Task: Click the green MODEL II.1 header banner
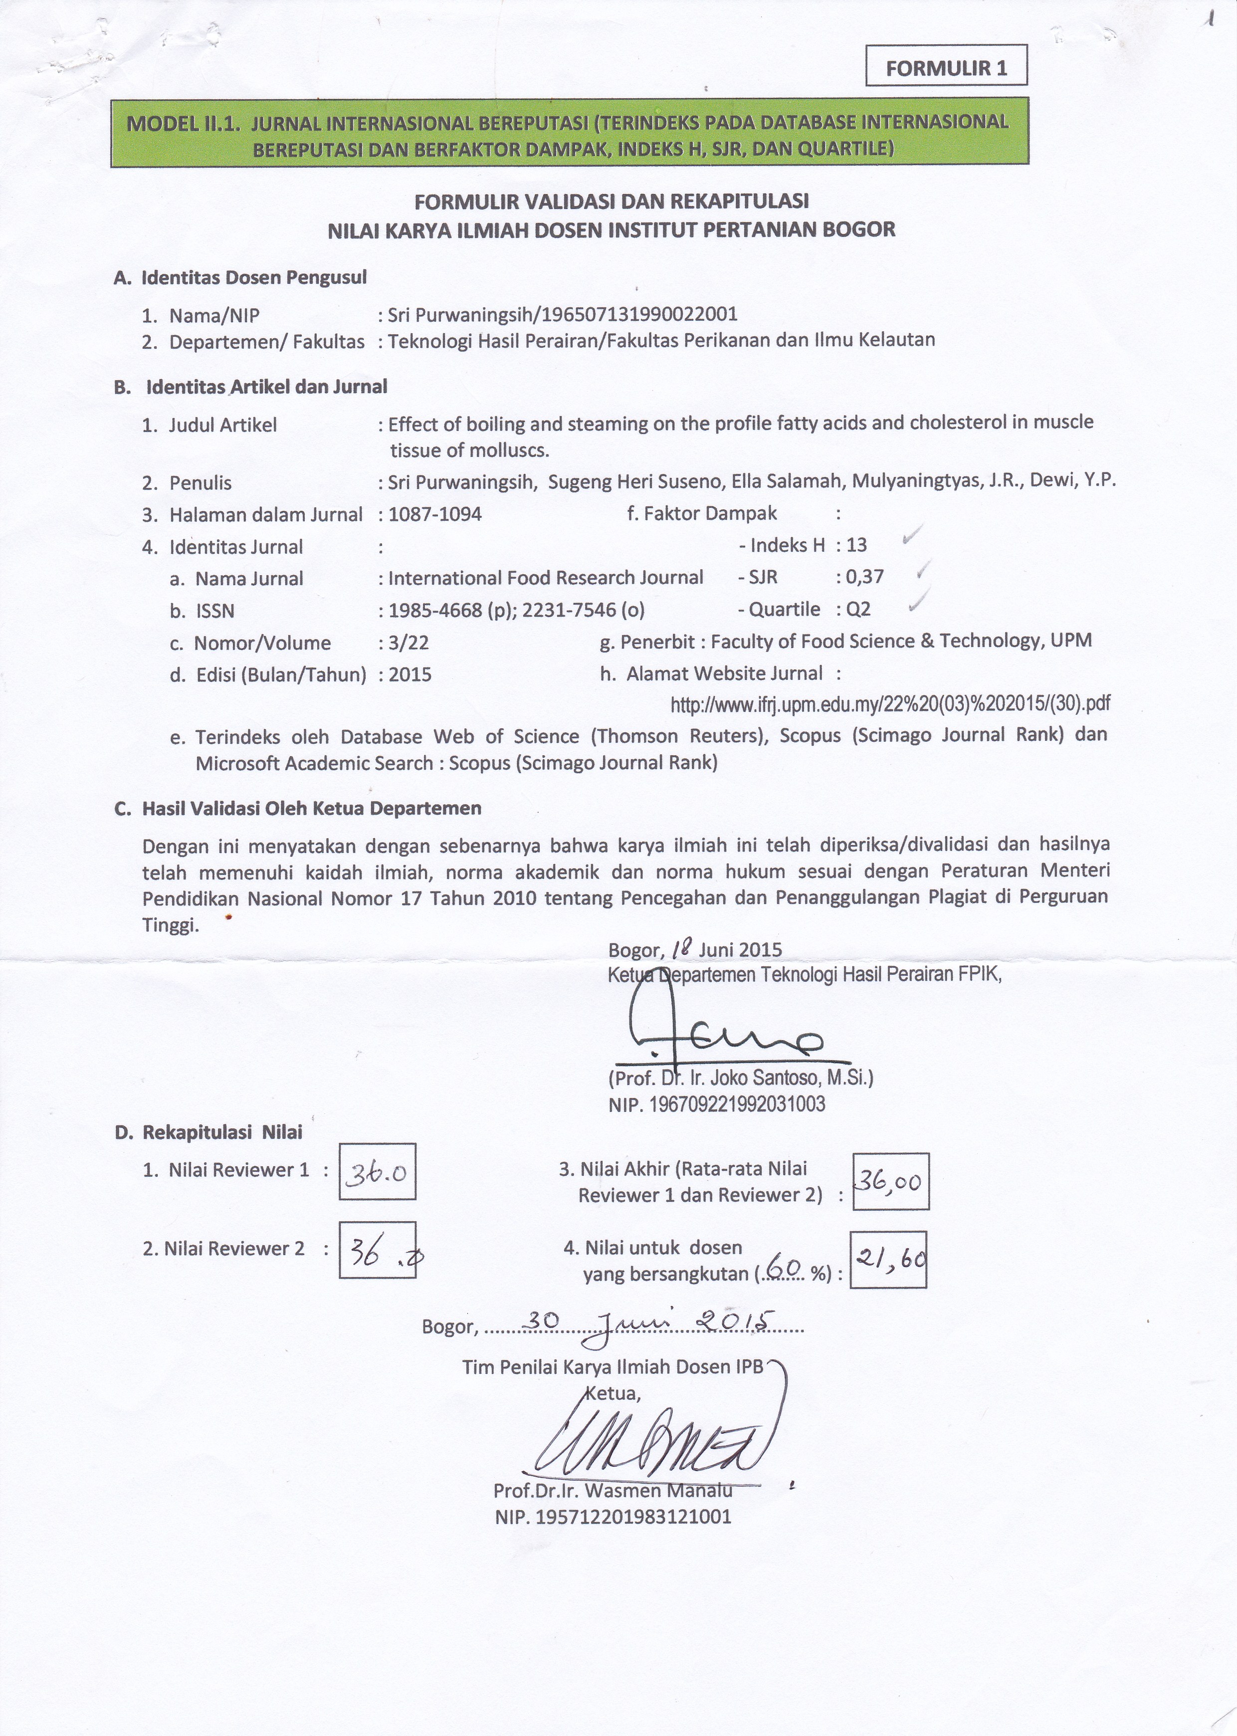click(x=569, y=132)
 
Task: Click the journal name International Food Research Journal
click(x=545, y=577)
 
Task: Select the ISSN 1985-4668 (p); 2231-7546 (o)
click(x=516, y=610)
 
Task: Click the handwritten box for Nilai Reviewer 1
click(x=377, y=1171)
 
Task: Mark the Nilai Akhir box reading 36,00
click(x=890, y=1181)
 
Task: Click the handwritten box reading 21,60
click(x=888, y=1259)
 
